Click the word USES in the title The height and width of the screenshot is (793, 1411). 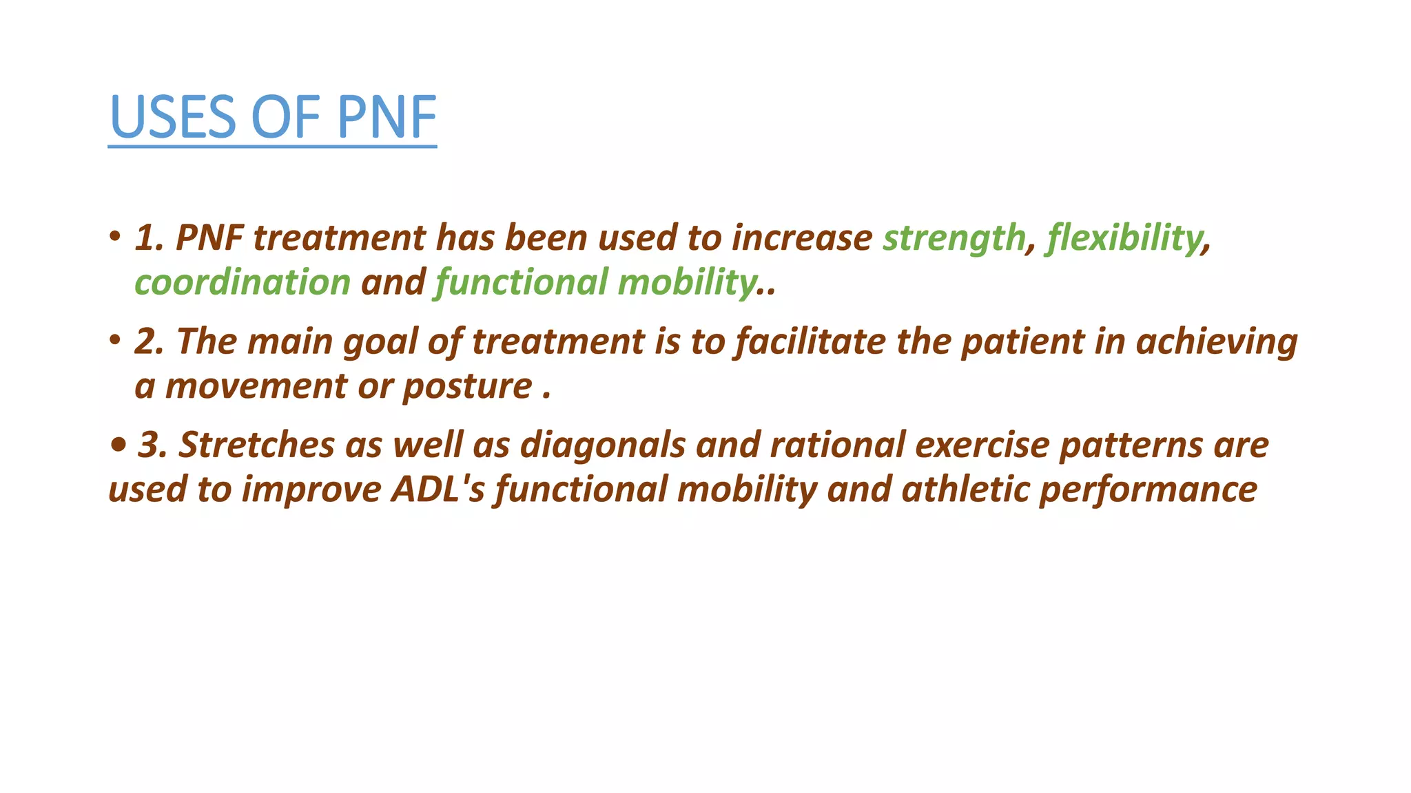coord(173,117)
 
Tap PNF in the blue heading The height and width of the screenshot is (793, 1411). coord(387,117)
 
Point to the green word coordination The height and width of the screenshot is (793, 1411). coord(243,283)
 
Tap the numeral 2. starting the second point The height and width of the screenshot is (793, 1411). coord(150,341)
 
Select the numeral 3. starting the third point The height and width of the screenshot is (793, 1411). coord(153,445)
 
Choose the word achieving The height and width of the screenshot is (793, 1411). coord(1217,342)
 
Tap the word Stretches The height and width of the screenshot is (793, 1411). coord(256,445)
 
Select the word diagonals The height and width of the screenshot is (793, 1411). coord(603,445)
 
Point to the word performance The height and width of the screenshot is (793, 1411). coord(1148,490)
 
